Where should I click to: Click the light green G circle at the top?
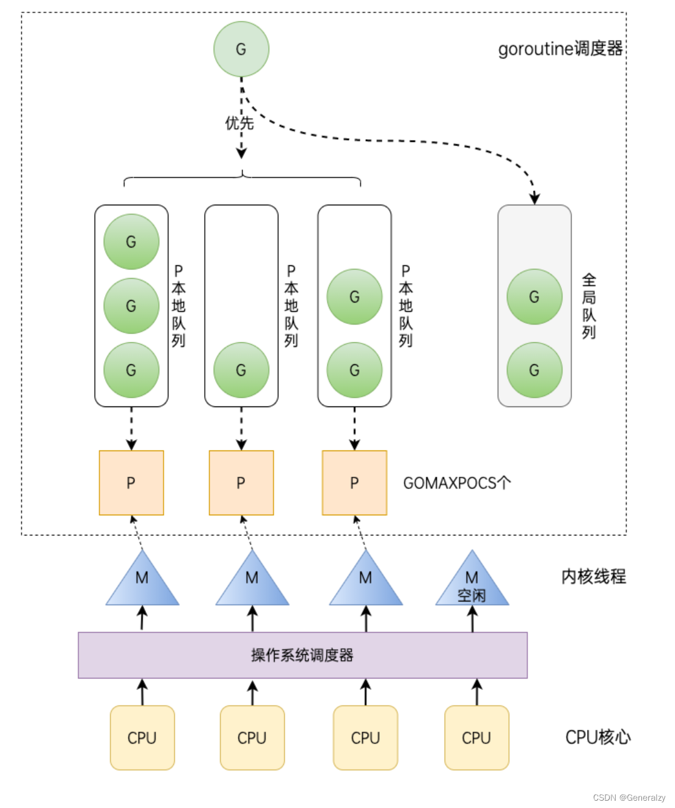click(241, 49)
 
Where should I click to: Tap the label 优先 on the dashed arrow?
click(239, 123)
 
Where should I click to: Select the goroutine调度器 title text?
click(560, 48)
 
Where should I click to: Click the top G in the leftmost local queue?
click(131, 241)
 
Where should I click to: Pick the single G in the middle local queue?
click(241, 370)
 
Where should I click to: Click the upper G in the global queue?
click(535, 296)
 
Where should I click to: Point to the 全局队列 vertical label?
click(589, 306)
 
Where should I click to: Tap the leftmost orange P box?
click(131, 483)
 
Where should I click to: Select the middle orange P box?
click(241, 483)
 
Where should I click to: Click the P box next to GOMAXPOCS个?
click(354, 483)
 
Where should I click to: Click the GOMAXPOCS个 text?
click(457, 483)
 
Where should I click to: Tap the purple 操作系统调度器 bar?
click(302, 655)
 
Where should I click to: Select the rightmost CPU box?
click(476, 738)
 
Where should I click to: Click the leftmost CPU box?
click(142, 738)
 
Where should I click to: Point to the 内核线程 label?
click(594, 576)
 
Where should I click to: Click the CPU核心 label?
click(598, 737)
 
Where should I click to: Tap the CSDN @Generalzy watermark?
click(629, 797)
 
